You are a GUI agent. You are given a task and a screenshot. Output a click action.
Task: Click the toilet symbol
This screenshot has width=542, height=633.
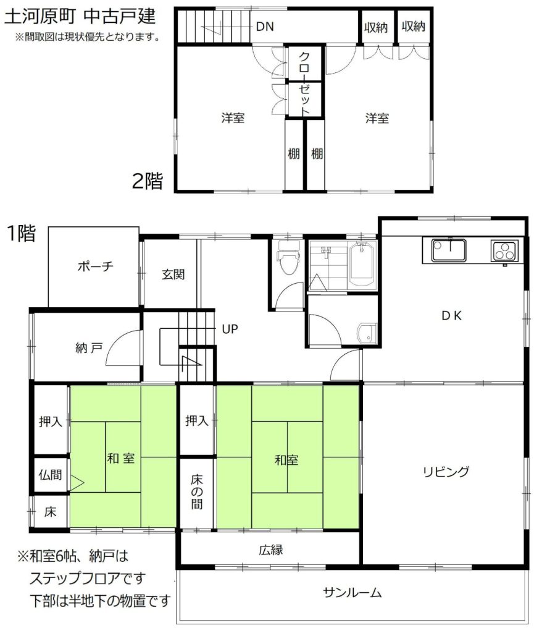click(x=289, y=257)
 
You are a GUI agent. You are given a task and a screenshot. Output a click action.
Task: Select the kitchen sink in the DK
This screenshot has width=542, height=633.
click(x=448, y=250)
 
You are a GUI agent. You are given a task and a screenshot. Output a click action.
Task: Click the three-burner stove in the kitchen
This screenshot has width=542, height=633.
click(x=504, y=251)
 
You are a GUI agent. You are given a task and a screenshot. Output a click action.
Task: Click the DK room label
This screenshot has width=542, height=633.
click(x=451, y=316)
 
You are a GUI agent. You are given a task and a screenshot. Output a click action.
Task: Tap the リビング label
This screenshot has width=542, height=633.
click(x=446, y=472)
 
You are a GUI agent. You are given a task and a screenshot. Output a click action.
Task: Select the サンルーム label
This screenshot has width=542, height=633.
click(x=352, y=593)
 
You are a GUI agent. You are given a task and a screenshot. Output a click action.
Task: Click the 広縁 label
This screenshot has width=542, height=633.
click(x=271, y=550)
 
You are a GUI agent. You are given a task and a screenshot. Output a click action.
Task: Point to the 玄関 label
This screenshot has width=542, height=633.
click(x=173, y=274)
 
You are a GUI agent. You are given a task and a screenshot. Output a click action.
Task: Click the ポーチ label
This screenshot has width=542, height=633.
click(x=96, y=266)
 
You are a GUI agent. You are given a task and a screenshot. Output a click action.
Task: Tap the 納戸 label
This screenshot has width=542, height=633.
click(x=89, y=347)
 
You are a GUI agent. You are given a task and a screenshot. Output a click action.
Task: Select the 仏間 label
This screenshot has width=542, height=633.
click(x=50, y=475)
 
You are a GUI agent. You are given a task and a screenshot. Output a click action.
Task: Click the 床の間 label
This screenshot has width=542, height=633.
click(x=197, y=491)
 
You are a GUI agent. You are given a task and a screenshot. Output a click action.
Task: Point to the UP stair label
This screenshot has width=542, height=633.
click(x=230, y=329)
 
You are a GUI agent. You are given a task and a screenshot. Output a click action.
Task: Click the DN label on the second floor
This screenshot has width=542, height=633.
click(x=265, y=27)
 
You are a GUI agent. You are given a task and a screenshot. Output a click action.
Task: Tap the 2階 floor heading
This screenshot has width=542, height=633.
click(x=148, y=181)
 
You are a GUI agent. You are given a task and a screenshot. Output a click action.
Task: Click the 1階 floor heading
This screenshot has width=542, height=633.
click(x=22, y=233)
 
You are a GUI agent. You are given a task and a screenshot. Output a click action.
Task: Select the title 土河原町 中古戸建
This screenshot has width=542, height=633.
click(x=80, y=17)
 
